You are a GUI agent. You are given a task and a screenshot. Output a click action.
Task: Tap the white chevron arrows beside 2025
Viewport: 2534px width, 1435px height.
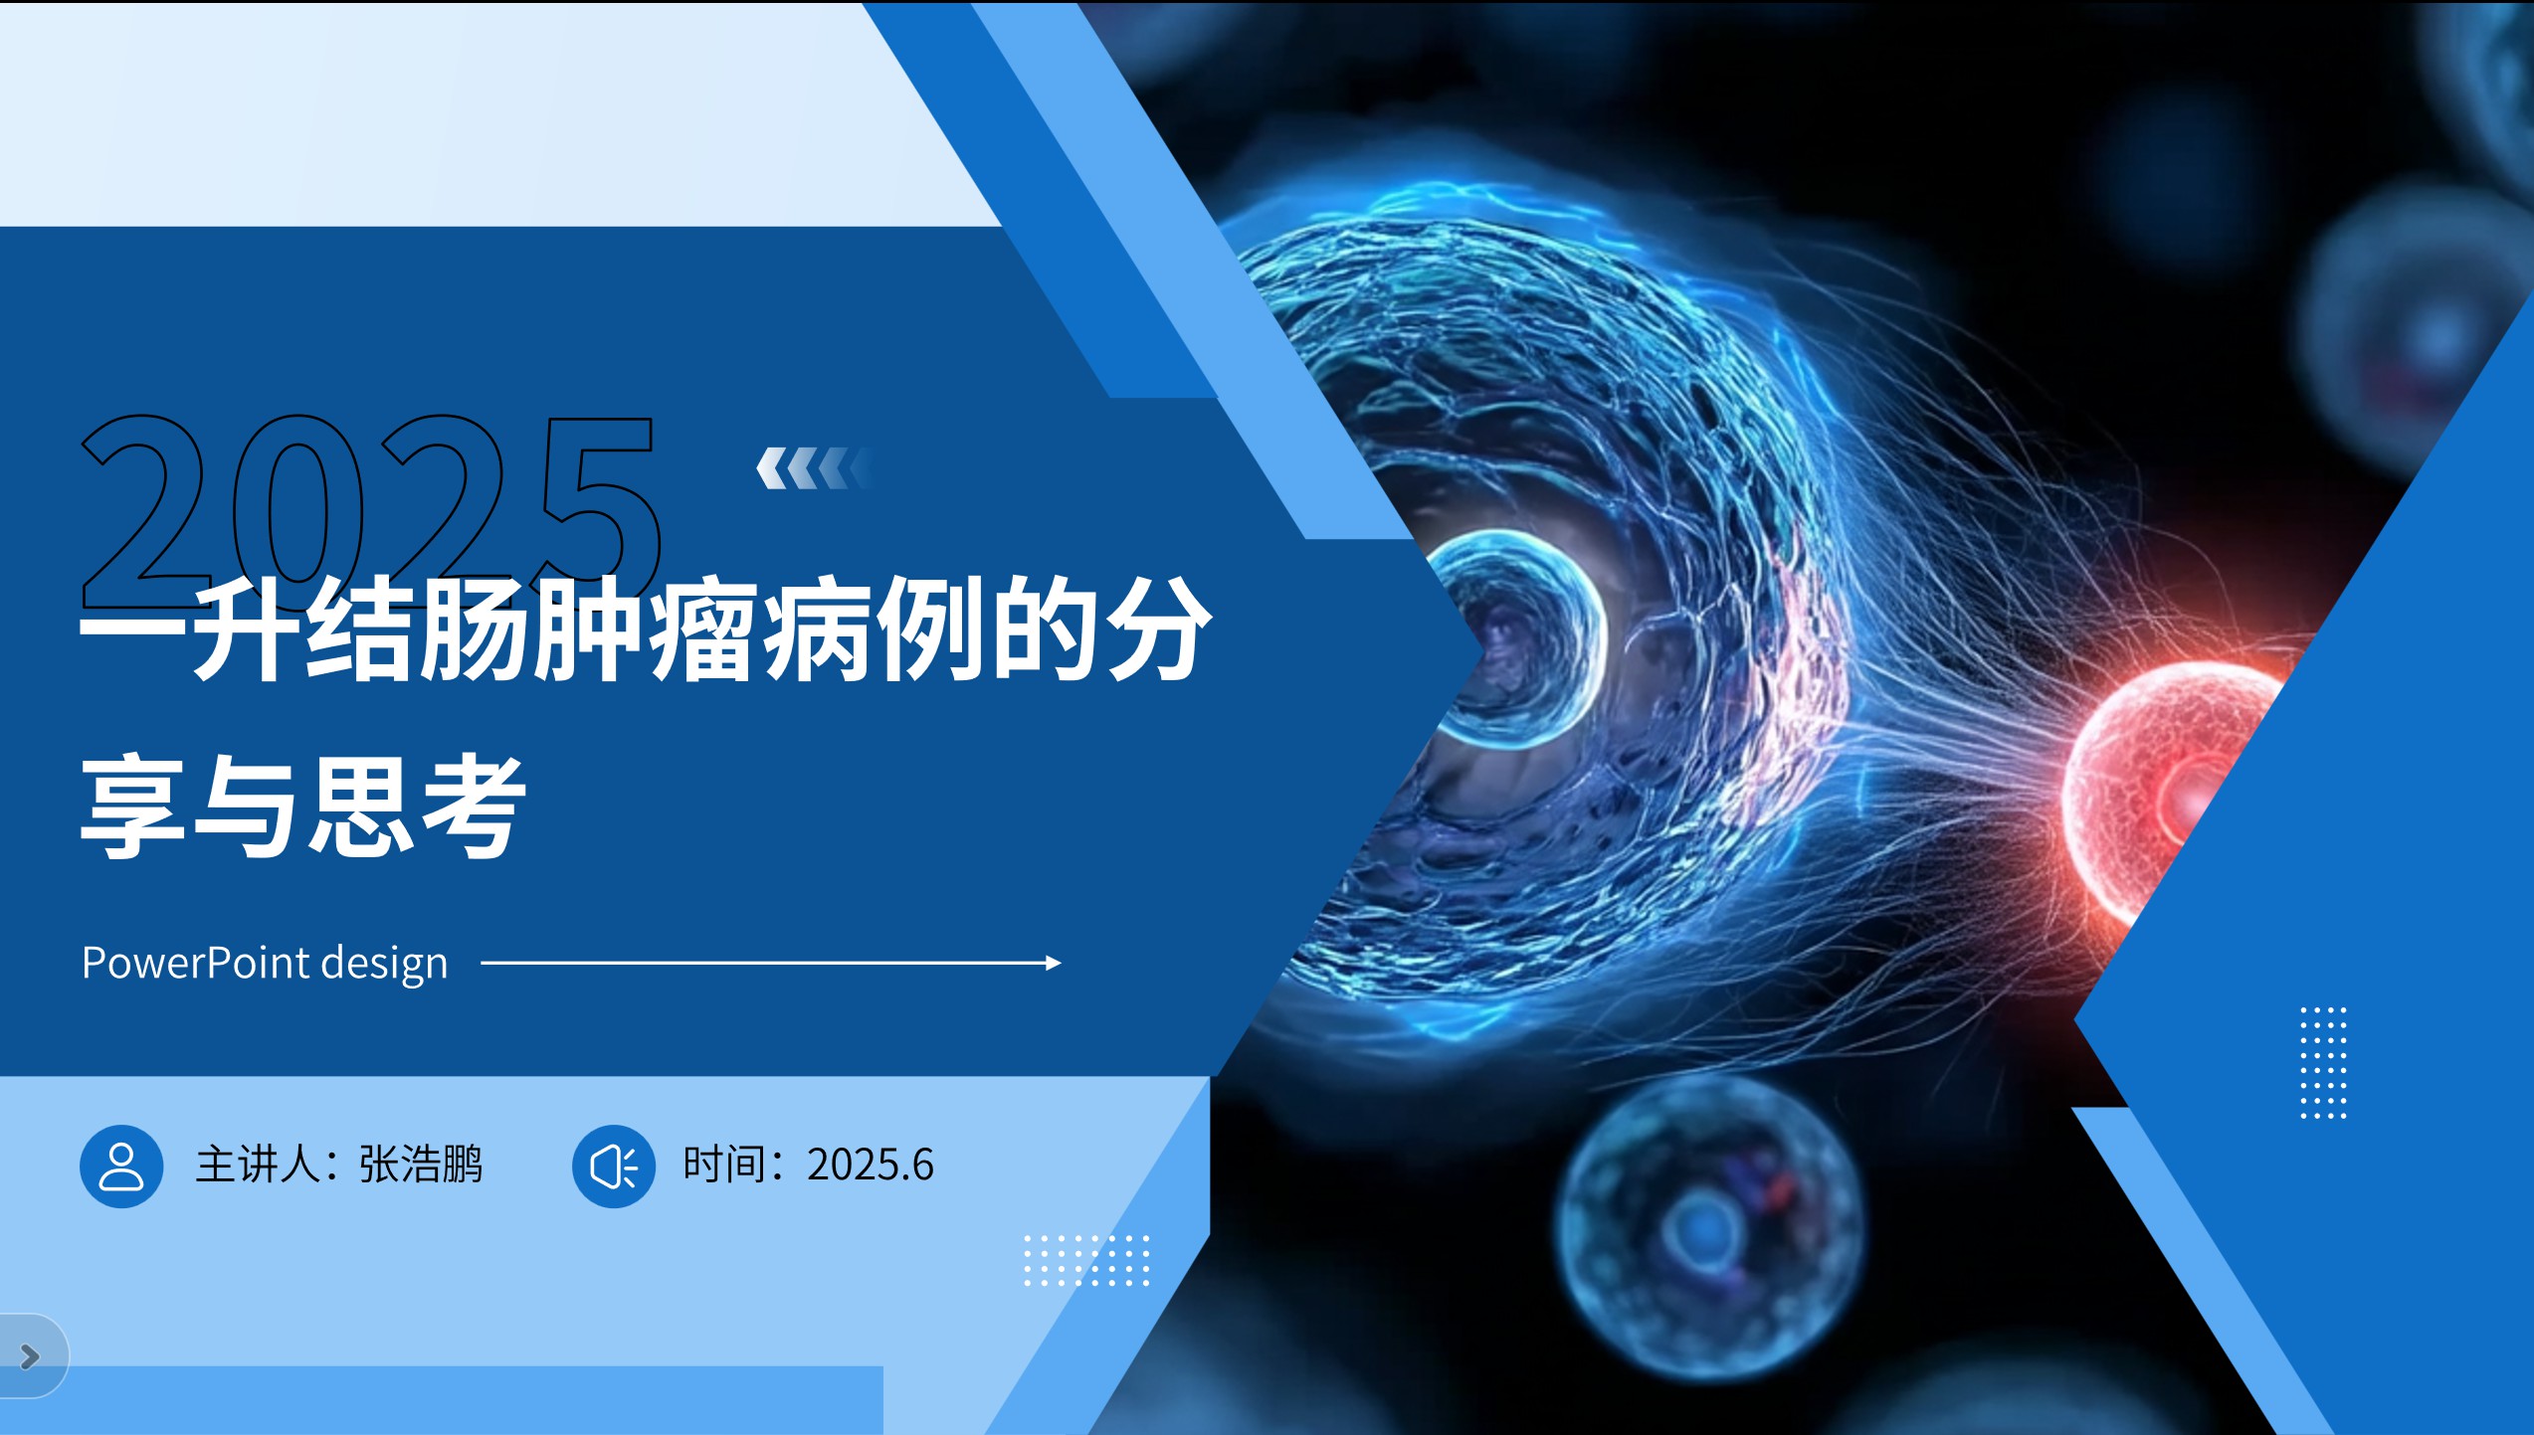click(x=814, y=468)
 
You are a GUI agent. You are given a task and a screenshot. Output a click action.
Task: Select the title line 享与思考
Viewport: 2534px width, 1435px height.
click(x=303, y=806)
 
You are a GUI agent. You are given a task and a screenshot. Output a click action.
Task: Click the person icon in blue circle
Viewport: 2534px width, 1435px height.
click(x=121, y=1166)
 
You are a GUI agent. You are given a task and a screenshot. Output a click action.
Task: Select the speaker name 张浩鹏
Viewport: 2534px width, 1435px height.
click(x=421, y=1165)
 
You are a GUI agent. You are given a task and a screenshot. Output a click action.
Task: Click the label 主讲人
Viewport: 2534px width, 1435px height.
click(x=258, y=1165)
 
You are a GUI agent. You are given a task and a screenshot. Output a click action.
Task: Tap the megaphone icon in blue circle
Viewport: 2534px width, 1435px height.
click(x=614, y=1166)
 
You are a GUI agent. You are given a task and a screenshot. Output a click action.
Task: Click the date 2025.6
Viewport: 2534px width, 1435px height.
click(x=871, y=1165)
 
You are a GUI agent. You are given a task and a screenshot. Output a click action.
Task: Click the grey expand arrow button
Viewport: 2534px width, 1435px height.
click(x=30, y=1355)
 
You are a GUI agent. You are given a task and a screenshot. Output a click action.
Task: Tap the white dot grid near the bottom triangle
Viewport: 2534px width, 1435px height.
click(x=1086, y=1260)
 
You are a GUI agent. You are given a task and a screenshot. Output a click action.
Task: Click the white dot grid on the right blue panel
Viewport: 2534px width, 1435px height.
click(x=2323, y=1062)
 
